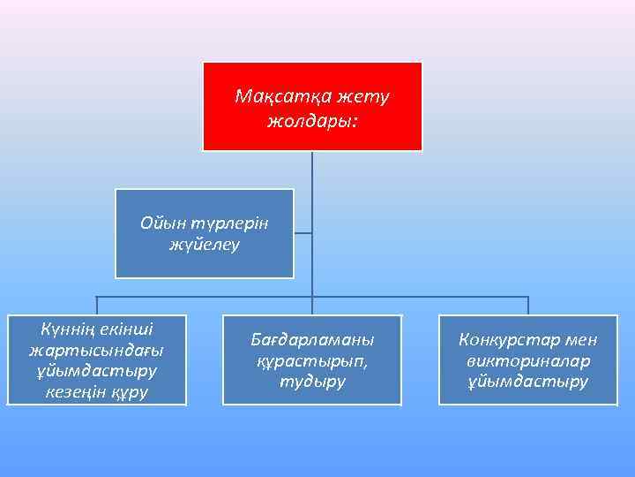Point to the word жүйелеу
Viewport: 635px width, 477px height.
pos(204,245)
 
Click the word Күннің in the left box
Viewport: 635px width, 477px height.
pos(68,330)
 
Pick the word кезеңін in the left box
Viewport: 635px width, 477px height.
pos(78,391)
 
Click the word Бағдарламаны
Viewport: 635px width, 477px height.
pos(312,340)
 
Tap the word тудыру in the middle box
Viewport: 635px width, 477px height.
pos(312,382)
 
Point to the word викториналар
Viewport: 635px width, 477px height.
pos(527,361)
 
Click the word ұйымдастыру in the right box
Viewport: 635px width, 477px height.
pos(527,382)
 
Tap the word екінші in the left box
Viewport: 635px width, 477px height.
pos(127,330)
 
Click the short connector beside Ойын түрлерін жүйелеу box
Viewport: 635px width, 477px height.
pos(303,234)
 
